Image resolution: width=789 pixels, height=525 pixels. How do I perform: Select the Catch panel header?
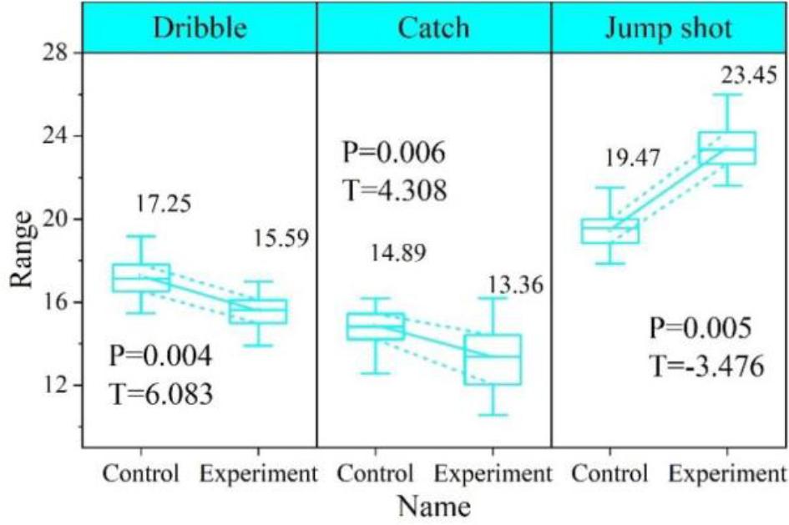pyautogui.click(x=433, y=28)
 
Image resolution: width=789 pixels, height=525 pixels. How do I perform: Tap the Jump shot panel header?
pyautogui.click(x=670, y=28)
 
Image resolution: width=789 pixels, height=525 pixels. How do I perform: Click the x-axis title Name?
pyautogui.click(x=433, y=507)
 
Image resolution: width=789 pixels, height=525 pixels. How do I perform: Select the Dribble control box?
pyautogui.click(x=141, y=278)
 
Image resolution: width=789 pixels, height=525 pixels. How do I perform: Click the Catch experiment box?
pyautogui.click(x=493, y=359)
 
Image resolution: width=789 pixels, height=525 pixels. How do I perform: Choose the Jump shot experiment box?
pyautogui.click(x=727, y=148)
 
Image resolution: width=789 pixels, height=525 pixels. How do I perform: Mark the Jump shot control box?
pyautogui.click(x=610, y=230)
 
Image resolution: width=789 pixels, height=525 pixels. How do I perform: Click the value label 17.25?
pyautogui.click(x=162, y=201)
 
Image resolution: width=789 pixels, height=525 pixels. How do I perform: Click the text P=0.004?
pyautogui.click(x=161, y=356)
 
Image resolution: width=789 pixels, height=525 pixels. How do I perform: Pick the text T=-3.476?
pyautogui.click(x=706, y=366)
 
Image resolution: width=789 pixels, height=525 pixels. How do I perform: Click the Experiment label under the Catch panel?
pyautogui.click(x=493, y=474)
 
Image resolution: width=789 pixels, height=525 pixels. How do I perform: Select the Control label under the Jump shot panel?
pyautogui.click(x=610, y=474)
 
